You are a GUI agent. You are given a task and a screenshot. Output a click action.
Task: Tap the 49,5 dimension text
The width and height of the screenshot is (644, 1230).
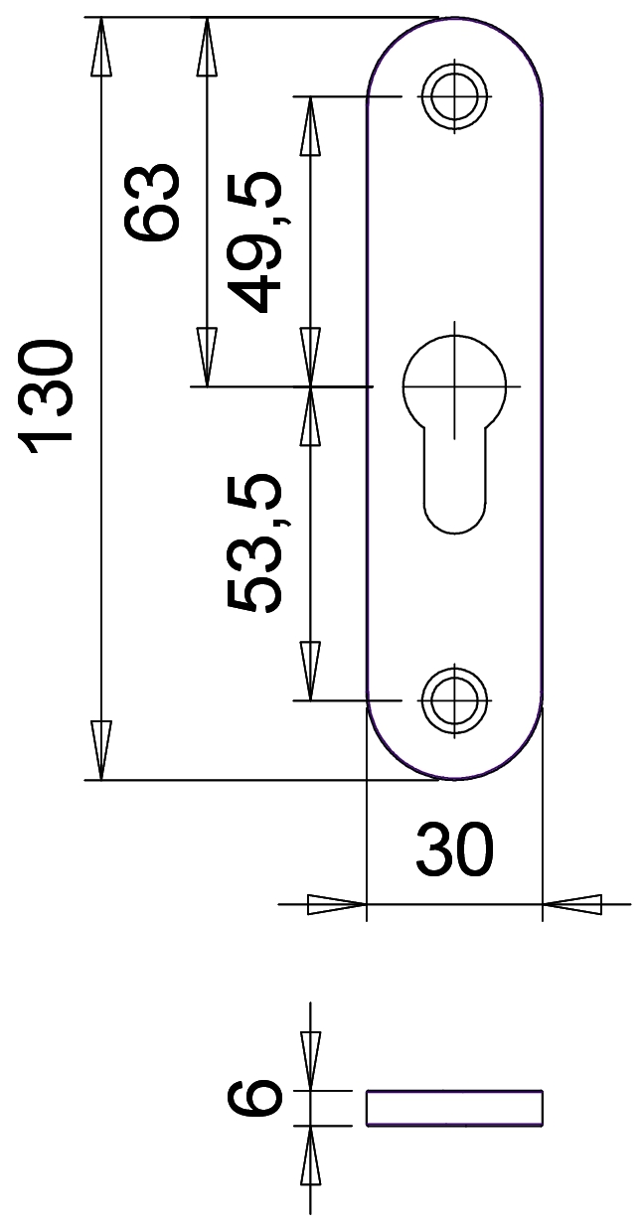coord(257,241)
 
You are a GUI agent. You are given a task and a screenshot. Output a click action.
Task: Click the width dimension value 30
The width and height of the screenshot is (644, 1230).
coord(454,850)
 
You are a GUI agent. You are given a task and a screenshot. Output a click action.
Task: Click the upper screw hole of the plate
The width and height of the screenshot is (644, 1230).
coord(454,96)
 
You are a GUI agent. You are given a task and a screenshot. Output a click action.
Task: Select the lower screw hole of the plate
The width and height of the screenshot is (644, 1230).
coord(454,700)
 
